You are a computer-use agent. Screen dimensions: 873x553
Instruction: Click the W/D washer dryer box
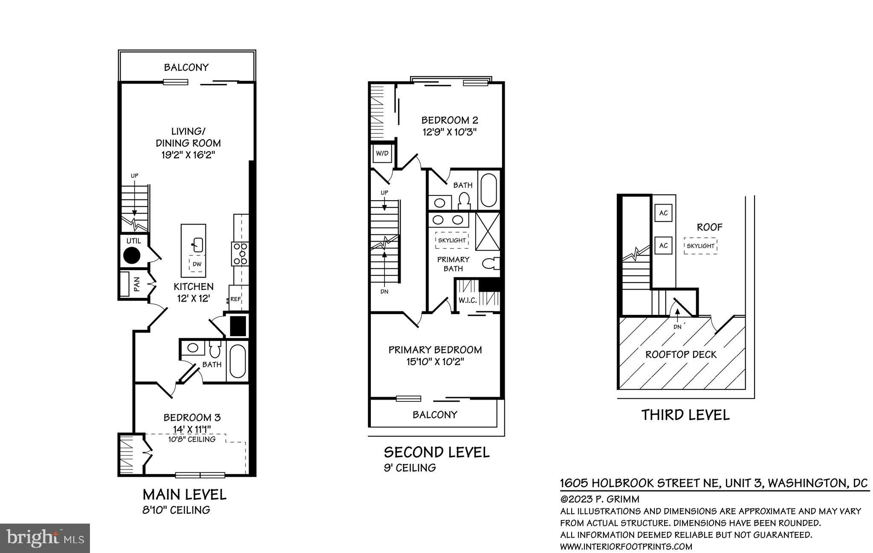(x=382, y=153)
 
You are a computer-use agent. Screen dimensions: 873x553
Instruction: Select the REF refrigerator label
(x=235, y=299)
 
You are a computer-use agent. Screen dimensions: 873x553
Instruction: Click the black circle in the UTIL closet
(x=132, y=256)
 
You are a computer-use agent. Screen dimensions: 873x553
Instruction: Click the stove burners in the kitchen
(x=240, y=254)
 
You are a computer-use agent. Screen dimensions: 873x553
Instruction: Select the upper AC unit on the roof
(x=663, y=213)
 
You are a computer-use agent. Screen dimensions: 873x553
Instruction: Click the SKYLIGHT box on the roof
(x=700, y=246)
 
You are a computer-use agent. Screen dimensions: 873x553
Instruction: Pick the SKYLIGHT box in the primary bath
(x=452, y=240)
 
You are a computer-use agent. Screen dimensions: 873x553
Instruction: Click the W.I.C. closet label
(x=468, y=300)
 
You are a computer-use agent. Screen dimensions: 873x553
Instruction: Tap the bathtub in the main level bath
(x=237, y=361)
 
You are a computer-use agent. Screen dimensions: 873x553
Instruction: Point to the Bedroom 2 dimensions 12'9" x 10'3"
(x=449, y=132)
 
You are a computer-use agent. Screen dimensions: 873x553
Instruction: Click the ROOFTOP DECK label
(x=681, y=354)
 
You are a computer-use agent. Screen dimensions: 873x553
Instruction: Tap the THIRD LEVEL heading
(x=685, y=415)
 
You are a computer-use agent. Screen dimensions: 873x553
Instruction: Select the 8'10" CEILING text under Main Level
(x=176, y=510)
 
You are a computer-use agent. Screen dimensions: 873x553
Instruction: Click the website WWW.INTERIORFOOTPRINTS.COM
(x=626, y=547)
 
